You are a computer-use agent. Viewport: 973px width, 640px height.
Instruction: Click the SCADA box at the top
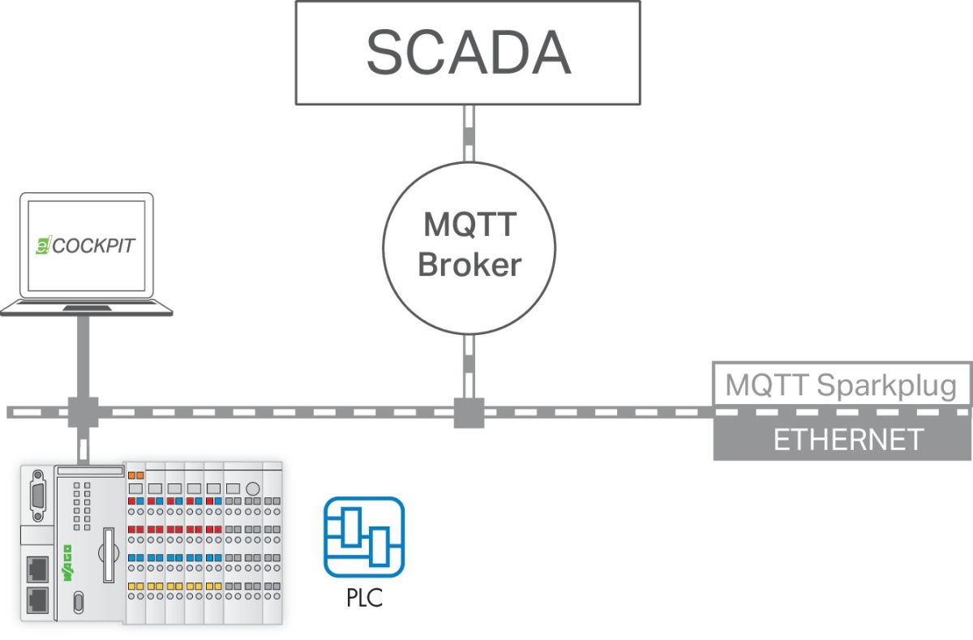point(467,52)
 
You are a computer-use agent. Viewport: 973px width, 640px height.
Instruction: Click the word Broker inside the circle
point(469,264)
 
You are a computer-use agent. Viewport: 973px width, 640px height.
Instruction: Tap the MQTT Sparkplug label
point(841,384)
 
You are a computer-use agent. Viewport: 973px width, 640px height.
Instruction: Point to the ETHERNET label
point(848,440)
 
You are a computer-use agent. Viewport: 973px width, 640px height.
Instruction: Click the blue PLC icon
point(364,537)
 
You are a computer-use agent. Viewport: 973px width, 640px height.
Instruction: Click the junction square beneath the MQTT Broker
point(469,412)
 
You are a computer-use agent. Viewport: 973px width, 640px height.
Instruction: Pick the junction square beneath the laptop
point(83,412)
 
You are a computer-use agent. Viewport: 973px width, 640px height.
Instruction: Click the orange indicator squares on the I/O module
point(135,474)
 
